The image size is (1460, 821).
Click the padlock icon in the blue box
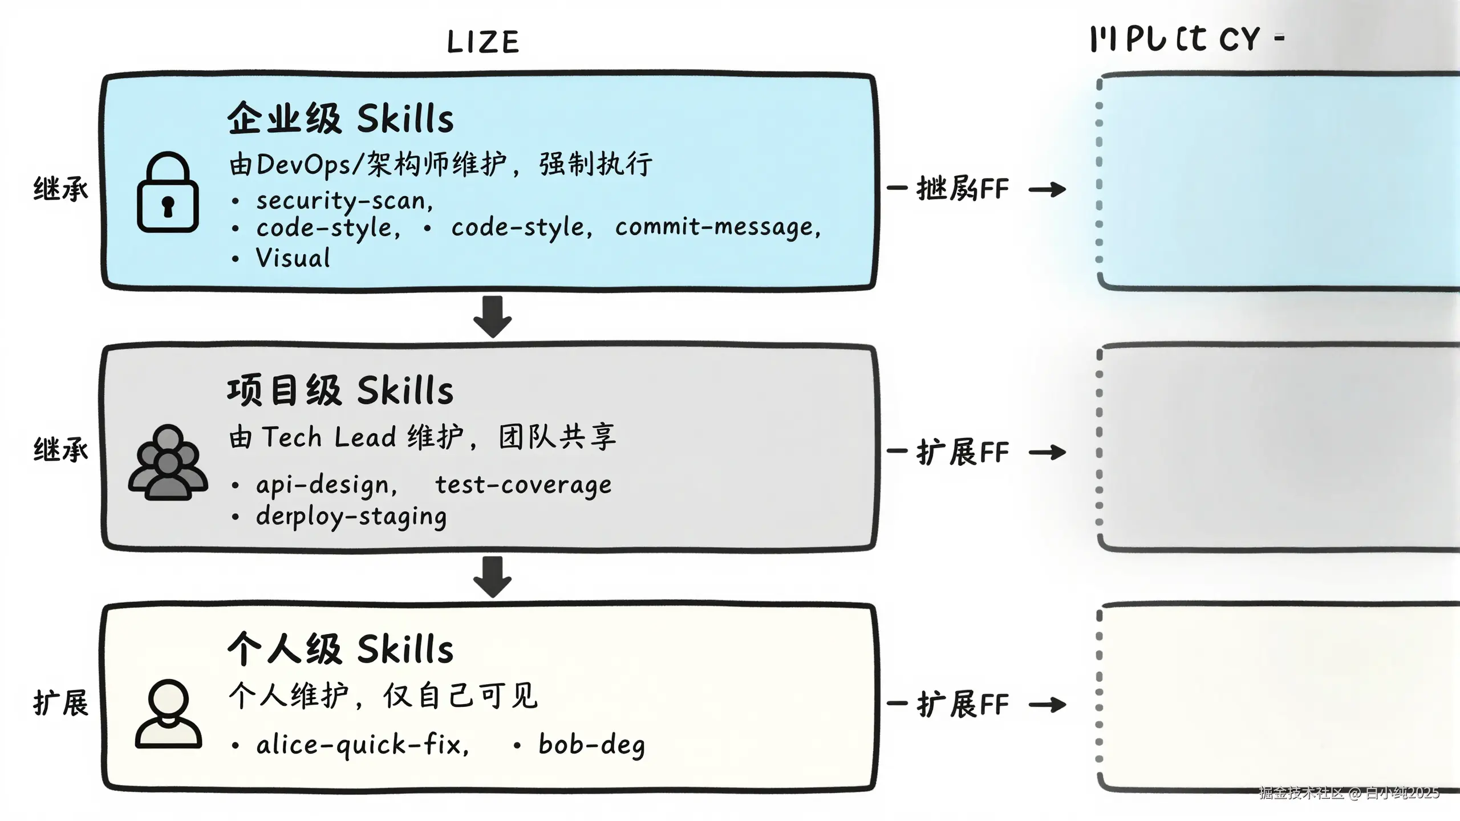168,193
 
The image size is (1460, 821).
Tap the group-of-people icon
168,462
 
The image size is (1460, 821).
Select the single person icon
168,713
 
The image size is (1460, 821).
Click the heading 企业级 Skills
340,119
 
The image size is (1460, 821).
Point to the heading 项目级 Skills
340,391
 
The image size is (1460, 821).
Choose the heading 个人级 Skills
340,649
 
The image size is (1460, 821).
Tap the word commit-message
717,227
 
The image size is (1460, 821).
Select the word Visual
293,258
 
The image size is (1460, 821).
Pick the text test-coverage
523,485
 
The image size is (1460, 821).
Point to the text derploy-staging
351,517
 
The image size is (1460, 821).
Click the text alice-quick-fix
362,745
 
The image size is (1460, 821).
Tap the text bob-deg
591,745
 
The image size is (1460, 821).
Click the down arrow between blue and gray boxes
492,316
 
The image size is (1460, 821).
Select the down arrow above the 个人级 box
492,576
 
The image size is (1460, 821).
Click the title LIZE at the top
483,42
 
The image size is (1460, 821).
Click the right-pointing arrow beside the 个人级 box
1047,705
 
